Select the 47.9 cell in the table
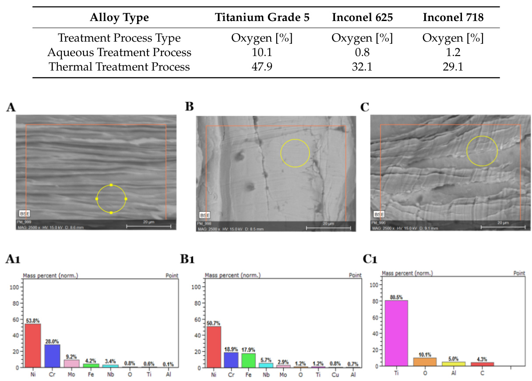262,67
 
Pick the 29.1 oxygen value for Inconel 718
453,67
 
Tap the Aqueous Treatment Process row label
119,53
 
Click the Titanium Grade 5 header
262,18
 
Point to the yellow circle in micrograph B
295,153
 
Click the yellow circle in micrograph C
482,151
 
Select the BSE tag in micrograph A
24,213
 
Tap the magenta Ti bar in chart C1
396,333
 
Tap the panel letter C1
371,260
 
